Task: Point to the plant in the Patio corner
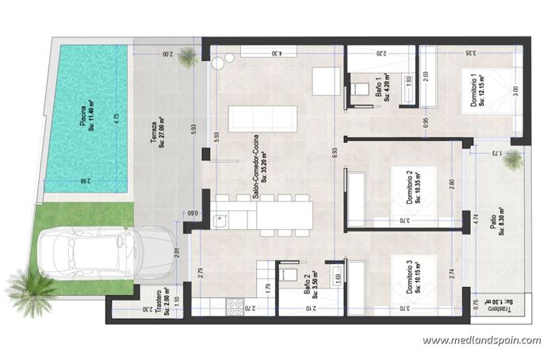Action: point(514,159)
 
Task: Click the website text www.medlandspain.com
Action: point(482,341)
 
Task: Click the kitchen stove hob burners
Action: point(235,305)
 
